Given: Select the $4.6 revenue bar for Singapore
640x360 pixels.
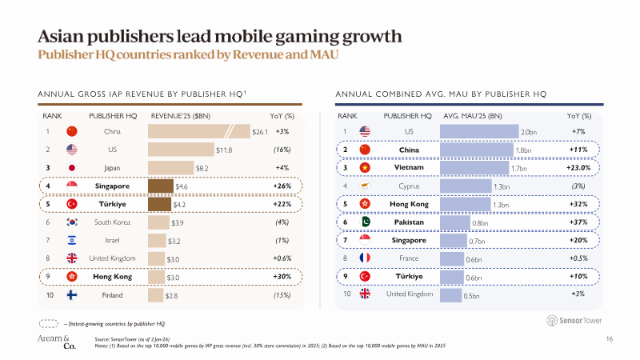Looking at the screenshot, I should [x=162, y=186].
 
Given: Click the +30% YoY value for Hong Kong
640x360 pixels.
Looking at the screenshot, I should [x=281, y=278].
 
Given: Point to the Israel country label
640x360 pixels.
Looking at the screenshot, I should [x=113, y=241].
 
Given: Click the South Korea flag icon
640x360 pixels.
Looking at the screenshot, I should [x=71, y=222].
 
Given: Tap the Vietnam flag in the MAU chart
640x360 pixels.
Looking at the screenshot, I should [x=366, y=168].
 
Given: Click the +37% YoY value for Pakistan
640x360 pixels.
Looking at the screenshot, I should [x=579, y=222].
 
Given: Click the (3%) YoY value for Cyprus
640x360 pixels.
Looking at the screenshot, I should [x=579, y=186].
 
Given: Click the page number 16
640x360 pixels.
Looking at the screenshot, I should [x=610, y=340].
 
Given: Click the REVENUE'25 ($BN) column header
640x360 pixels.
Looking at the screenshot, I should [x=180, y=115].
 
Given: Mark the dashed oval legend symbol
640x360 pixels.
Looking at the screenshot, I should [x=50, y=322].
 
